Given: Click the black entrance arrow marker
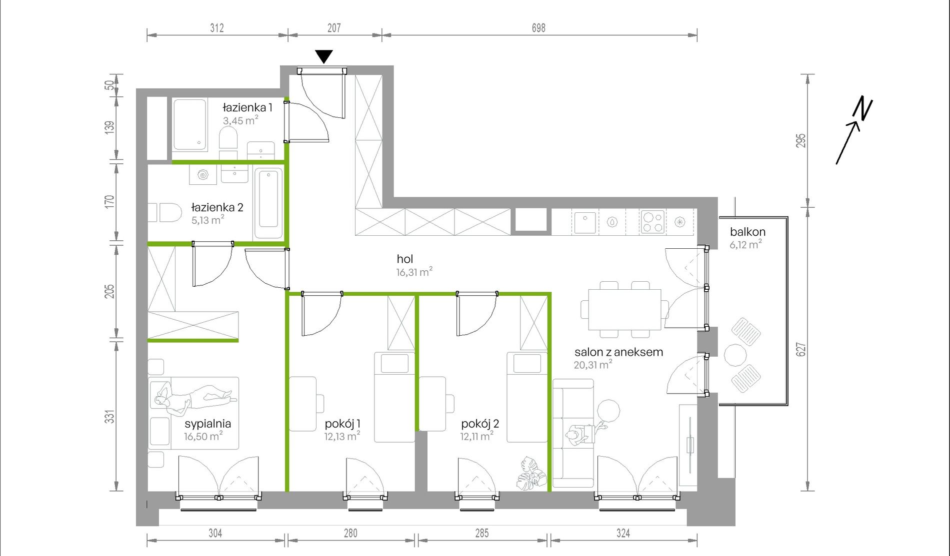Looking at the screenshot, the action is [x=324, y=56].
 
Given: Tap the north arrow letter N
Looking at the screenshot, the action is [x=862, y=108].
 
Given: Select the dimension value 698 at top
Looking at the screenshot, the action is [x=538, y=28].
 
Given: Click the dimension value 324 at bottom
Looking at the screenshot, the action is [x=623, y=533].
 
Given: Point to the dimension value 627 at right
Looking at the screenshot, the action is [x=801, y=349].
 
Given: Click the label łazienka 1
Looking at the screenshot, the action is [x=247, y=107].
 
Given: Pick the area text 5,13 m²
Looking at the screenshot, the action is [x=207, y=220].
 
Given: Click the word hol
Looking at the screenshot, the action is [x=405, y=259].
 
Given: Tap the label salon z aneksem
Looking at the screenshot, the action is [x=619, y=352].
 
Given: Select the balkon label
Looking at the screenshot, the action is [x=747, y=232].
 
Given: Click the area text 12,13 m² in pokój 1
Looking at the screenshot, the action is [x=342, y=436].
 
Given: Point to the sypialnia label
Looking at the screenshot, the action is [x=208, y=424].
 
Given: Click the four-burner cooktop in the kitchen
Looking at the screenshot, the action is [x=652, y=222].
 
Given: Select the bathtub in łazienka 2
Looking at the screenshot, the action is [x=269, y=204].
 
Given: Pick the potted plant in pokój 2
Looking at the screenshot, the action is [x=531, y=474].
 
